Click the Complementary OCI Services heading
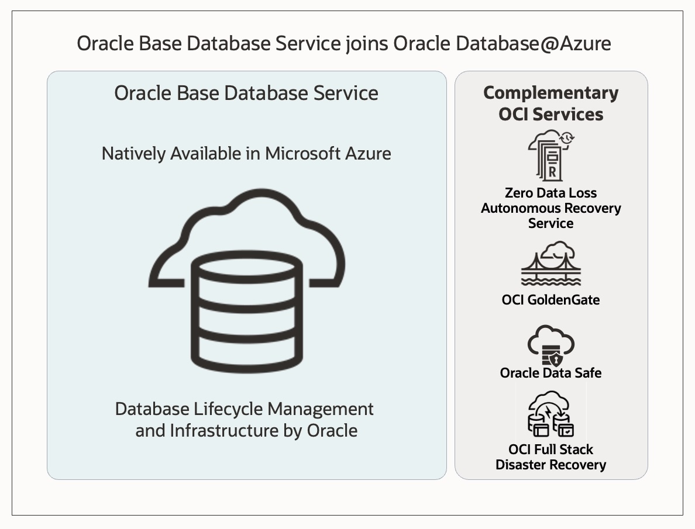pos(551,103)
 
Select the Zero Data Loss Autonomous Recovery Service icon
pos(551,155)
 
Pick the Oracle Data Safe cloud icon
pos(551,345)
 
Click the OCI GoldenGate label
pos(551,300)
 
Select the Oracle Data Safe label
pos(551,373)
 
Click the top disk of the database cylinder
pos(246,272)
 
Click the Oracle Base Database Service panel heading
pos(246,94)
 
